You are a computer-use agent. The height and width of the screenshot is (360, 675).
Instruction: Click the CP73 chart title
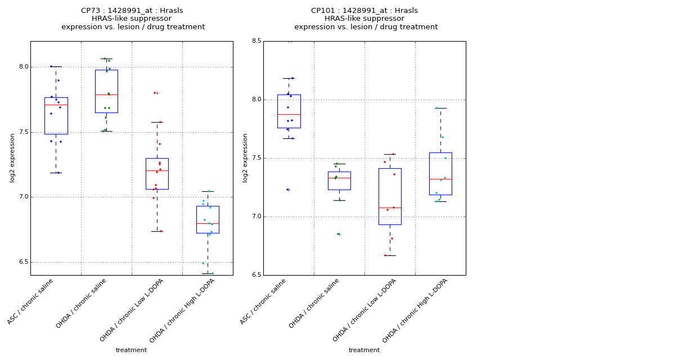pos(132,19)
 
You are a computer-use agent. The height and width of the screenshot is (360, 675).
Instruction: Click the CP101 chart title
pos(365,19)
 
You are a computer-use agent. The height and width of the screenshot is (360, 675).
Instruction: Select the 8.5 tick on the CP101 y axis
pos(256,41)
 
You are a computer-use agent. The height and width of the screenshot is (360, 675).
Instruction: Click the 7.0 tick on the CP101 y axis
pos(256,217)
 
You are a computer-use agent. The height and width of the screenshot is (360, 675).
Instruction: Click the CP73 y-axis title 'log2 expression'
pos(12,157)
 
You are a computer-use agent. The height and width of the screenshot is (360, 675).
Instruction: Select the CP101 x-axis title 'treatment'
pos(364,350)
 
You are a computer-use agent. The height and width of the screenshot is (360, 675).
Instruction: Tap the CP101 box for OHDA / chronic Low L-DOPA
pos(390,196)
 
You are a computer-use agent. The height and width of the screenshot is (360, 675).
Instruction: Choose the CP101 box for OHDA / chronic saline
pos(339,181)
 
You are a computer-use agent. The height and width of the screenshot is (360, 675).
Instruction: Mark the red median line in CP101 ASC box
pos(289,114)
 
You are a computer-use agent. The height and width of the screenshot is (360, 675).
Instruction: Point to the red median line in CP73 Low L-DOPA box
pos(157,170)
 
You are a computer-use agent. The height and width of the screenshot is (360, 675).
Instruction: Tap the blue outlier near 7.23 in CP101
pos(287,190)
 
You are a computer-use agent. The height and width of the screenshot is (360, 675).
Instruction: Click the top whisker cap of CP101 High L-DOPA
pos(440,108)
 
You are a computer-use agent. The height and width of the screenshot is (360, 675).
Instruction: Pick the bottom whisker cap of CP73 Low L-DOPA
pos(157,231)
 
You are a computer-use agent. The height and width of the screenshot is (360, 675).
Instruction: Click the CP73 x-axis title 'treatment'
pos(131,350)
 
